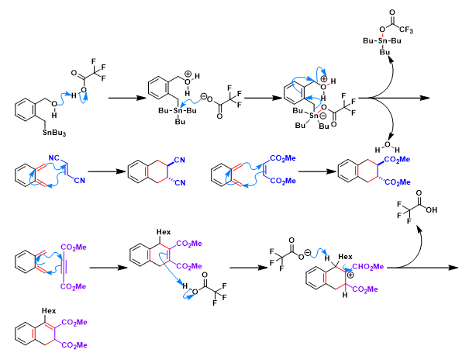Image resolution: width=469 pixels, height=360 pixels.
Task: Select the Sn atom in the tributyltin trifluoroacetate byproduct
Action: pos(396,48)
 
